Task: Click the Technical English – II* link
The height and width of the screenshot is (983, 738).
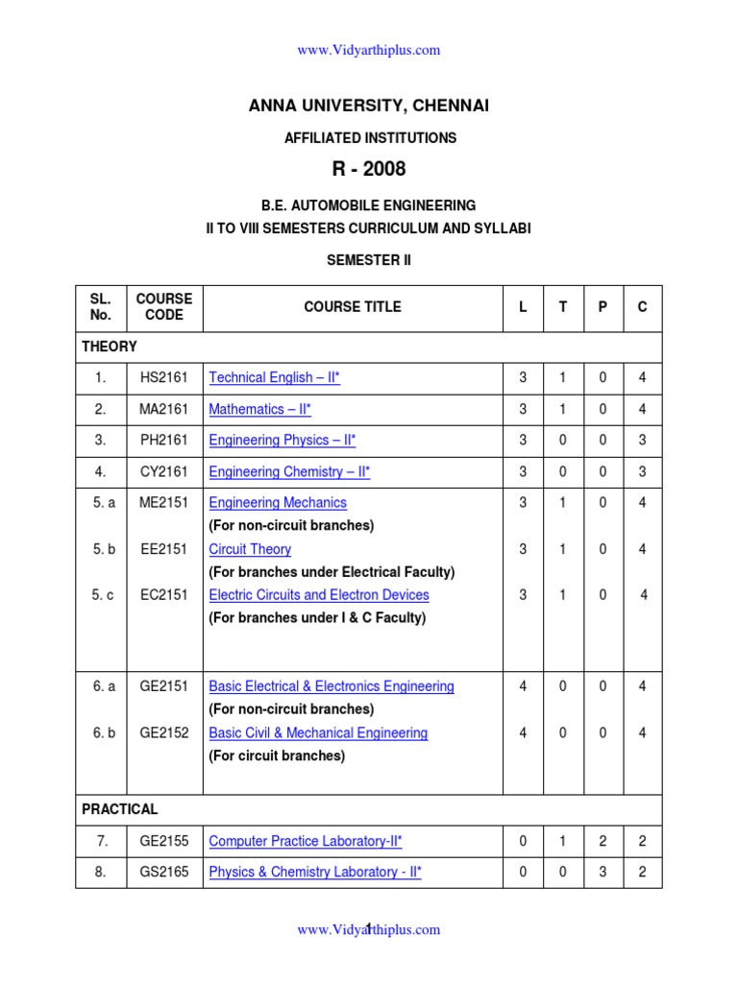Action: pyautogui.click(x=274, y=378)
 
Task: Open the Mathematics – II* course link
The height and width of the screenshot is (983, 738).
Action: pyautogui.click(x=259, y=410)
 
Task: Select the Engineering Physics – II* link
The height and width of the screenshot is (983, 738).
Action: pyautogui.click(x=282, y=441)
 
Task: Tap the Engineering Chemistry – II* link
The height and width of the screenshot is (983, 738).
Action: pyautogui.click(x=289, y=472)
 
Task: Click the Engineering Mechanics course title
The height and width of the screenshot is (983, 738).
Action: pyautogui.click(x=278, y=503)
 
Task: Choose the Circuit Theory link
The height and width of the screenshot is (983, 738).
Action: pyautogui.click(x=250, y=549)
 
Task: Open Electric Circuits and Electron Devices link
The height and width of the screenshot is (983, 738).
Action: pyautogui.click(x=319, y=595)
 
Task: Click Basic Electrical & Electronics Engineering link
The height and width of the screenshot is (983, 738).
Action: pyautogui.click(x=332, y=686)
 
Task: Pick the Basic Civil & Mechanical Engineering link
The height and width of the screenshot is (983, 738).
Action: pyautogui.click(x=318, y=733)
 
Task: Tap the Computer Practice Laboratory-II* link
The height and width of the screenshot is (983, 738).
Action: pyautogui.click(x=306, y=842)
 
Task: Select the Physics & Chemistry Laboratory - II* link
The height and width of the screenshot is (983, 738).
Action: pyautogui.click(x=315, y=873)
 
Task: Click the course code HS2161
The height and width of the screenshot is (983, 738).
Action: pyautogui.click(x=164, y=378)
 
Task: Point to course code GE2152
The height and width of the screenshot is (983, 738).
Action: pyautogui.click(x=164, y=733)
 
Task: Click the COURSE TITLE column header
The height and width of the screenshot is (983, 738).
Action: pyautogui.click(x=353, y=307)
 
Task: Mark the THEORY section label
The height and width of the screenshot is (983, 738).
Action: pyautogui.click(x=110, y=347)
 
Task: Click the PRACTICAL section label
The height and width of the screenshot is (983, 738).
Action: pyautogui.click(x=120, y=809)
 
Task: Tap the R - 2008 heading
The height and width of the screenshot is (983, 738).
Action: pyautogui.click(x=369, y=169)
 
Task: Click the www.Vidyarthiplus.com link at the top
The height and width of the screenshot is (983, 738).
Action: pyautogui.click(x=369, y=50)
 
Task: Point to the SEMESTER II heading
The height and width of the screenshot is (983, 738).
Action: pyautogui.click(x=369, y=260)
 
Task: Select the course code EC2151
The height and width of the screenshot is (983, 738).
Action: pyautogui.click(x=164, y=595)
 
